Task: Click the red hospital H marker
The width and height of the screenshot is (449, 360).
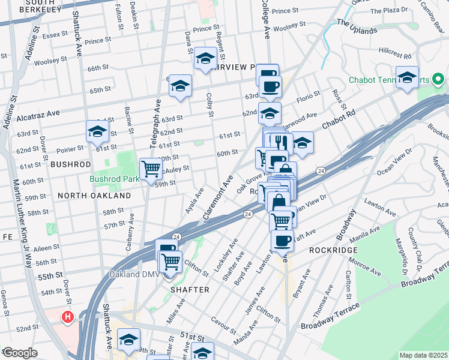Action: pyautogui.click(x=68, y=316)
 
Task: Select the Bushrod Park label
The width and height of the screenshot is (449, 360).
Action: pyautogui.click(x=114, y=179)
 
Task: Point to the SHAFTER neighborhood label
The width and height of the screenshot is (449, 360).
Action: pyautogui.click(x=190, y=290)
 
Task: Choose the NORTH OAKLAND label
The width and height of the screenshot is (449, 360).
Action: pyautogui.click(x=94, y=196)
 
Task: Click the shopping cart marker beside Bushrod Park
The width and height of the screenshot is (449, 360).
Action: pyautogui.click(x=151, y=169)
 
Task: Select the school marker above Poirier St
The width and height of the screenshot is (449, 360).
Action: pyautogui.click(x=97, y=132)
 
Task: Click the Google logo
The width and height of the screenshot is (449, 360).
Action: pyautogui.click(x=20, y=352)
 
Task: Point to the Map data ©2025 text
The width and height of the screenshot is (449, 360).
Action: pyautogui.click(x=423, y=355)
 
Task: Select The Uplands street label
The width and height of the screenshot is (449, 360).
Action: pyautogui.click(x=357, y=26)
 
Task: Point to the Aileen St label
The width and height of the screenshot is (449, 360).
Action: pyautogui.click(x=47, y=248)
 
